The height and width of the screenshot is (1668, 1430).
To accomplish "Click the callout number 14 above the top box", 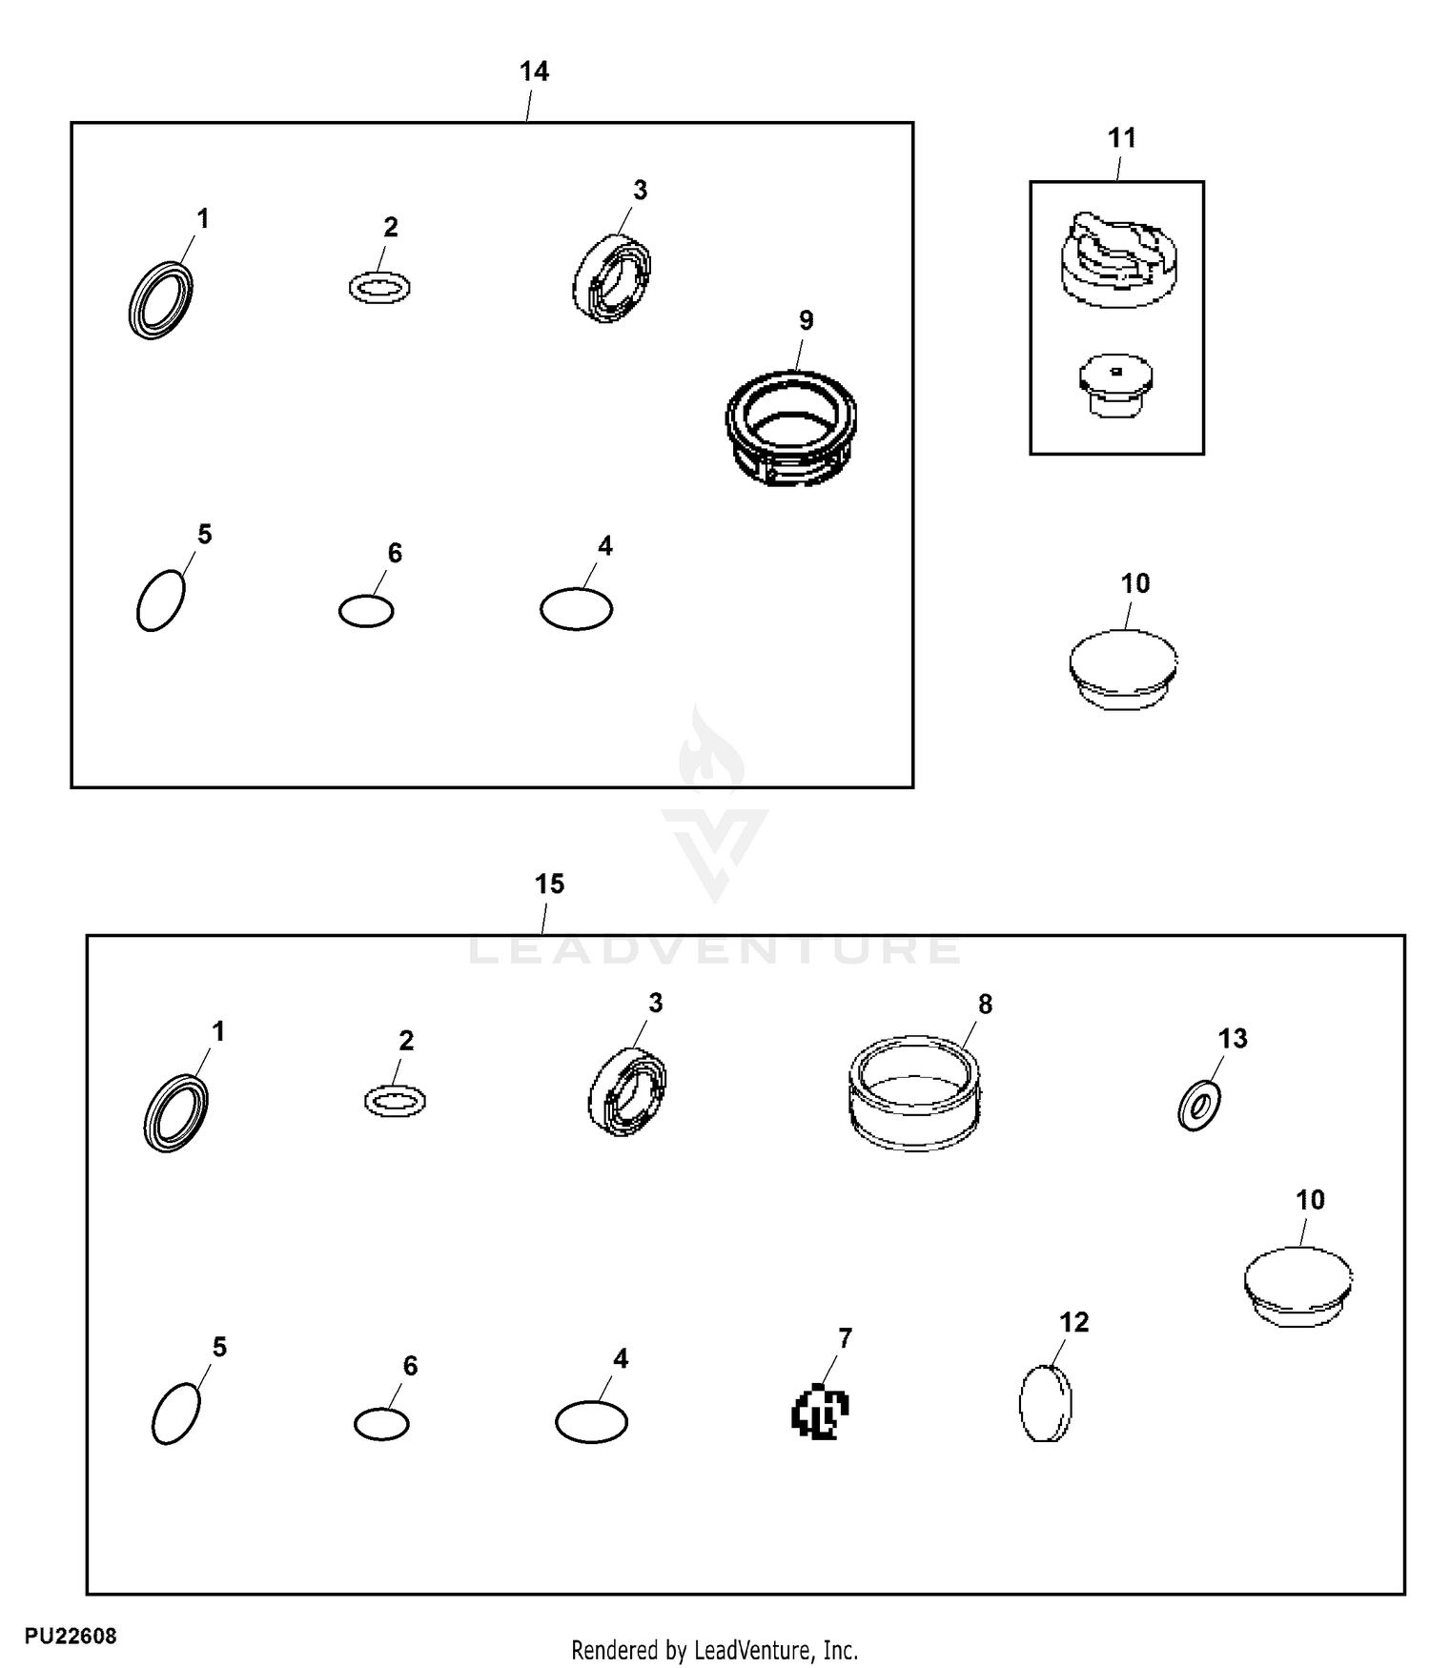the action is click(534, 71).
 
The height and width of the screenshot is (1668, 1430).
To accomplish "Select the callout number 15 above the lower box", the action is click(549, 885).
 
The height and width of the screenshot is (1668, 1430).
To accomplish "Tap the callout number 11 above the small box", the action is click(1122, 138).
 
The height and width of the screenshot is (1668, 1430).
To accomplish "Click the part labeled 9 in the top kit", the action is click(791, 426).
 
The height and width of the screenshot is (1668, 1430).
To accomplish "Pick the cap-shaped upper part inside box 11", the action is click(1118, 259).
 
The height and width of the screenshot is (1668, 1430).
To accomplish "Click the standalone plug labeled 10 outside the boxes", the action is click(1123, 669).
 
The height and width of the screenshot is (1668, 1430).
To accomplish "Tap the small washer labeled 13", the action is click(1199, 1105).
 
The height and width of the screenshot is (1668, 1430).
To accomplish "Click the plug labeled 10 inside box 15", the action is click(1299, 1286).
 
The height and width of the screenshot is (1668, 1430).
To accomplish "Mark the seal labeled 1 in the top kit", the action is click(160, 299).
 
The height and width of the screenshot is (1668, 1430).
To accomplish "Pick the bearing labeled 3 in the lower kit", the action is click(627, 1090).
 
